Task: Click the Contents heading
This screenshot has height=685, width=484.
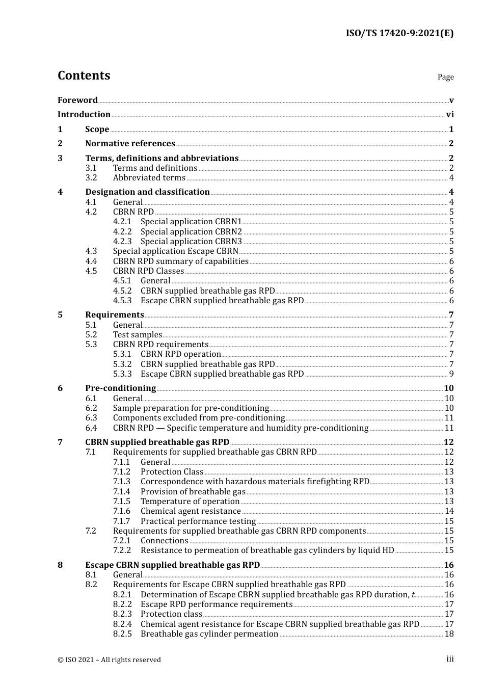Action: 84,75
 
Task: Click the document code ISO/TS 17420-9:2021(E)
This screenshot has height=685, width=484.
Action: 399,34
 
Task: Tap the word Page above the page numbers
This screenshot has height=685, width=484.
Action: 445,77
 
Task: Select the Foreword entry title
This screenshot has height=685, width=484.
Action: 77,100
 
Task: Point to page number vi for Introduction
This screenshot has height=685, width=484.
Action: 449,115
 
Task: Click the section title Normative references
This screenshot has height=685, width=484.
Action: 130,144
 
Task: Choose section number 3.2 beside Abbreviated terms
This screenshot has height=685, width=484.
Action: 91,178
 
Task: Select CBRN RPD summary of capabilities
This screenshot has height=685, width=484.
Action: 180,261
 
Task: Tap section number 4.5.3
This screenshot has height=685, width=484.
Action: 122,301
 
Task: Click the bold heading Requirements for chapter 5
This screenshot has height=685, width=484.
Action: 115,315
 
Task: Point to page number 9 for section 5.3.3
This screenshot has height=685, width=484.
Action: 451,374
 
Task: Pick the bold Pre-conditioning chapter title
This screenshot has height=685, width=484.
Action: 120,388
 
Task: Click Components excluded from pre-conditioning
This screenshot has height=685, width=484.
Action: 199,418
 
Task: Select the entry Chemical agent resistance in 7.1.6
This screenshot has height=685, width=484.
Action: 191,511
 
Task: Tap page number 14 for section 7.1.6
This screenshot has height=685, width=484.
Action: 449,511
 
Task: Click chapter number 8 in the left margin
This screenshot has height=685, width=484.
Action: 60,565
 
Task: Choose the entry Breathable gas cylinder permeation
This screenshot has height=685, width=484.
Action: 209,634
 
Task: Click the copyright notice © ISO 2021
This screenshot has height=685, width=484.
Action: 109,660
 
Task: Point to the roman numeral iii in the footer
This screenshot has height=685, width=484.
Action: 450,659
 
